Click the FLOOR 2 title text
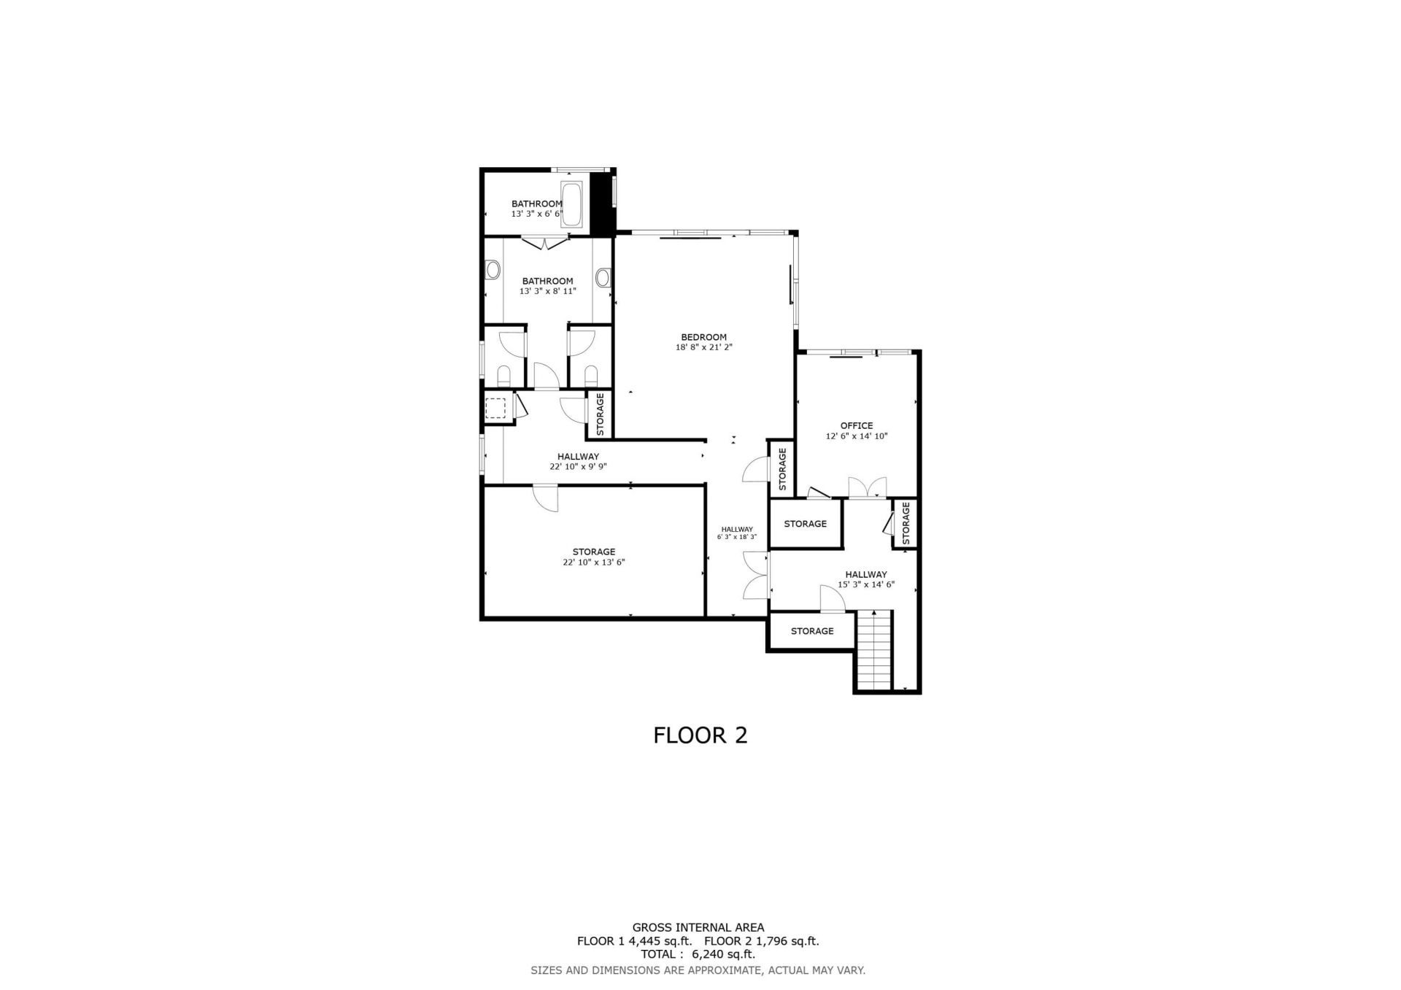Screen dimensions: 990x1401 [700, 735]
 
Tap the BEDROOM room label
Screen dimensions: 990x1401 [703, 337]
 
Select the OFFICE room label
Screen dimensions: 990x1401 [856, 426]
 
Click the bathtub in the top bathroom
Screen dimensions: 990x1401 [571, 204]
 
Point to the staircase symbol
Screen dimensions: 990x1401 [874, 650]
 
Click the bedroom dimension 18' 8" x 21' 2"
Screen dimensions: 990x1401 [703, 348]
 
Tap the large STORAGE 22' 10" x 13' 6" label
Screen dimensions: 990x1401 [593, 557]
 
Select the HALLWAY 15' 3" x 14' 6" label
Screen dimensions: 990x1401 [865, 579]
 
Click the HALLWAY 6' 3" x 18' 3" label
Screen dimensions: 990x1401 [736, 533]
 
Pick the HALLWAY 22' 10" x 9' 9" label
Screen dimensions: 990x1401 [578, 462]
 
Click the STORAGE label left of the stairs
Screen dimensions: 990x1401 [811, 631]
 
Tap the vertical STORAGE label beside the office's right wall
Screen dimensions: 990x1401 [906, 523]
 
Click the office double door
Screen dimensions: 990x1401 [867, 488]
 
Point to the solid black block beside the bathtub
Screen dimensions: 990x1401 [600, 204]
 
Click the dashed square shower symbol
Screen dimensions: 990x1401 [495, 407]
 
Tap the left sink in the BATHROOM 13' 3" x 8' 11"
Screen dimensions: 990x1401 [493, 272]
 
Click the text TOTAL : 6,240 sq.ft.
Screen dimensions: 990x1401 [698, 954]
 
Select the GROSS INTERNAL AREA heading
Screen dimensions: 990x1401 [698, 928]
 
